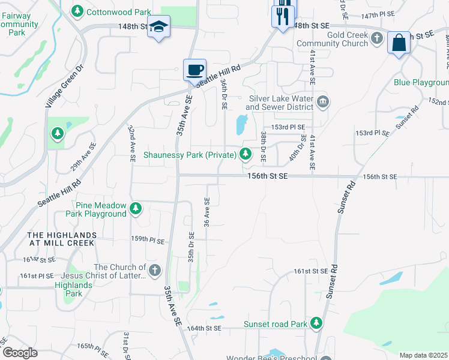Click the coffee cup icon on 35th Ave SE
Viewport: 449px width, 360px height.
pos(194,70)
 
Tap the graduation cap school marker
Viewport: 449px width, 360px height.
pos(158,26)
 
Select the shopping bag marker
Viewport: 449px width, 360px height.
pos(399,43)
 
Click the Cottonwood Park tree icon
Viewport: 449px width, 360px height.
pos(77,11)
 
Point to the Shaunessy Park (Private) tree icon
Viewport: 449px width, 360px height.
pos(245,155)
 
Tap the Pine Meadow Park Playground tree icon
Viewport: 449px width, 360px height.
pos(136,208)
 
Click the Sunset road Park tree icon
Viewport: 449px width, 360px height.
pos(316,324)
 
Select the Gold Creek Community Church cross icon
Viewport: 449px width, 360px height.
pos(376,39)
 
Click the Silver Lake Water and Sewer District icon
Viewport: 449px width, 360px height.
pos(323,101)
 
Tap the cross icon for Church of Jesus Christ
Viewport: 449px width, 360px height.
pos(155,270)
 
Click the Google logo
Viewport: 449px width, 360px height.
pos(20,352)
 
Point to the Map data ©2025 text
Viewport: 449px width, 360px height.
pos(423,355)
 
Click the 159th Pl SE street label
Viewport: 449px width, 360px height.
pos(148,240)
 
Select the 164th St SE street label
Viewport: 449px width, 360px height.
pos(205,328)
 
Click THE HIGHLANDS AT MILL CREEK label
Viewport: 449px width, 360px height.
pos(62,239)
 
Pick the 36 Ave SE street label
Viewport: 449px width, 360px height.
pos(207,212)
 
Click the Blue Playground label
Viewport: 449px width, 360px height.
pos(421,82)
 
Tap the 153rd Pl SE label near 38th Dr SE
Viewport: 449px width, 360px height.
pos(288,127)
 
